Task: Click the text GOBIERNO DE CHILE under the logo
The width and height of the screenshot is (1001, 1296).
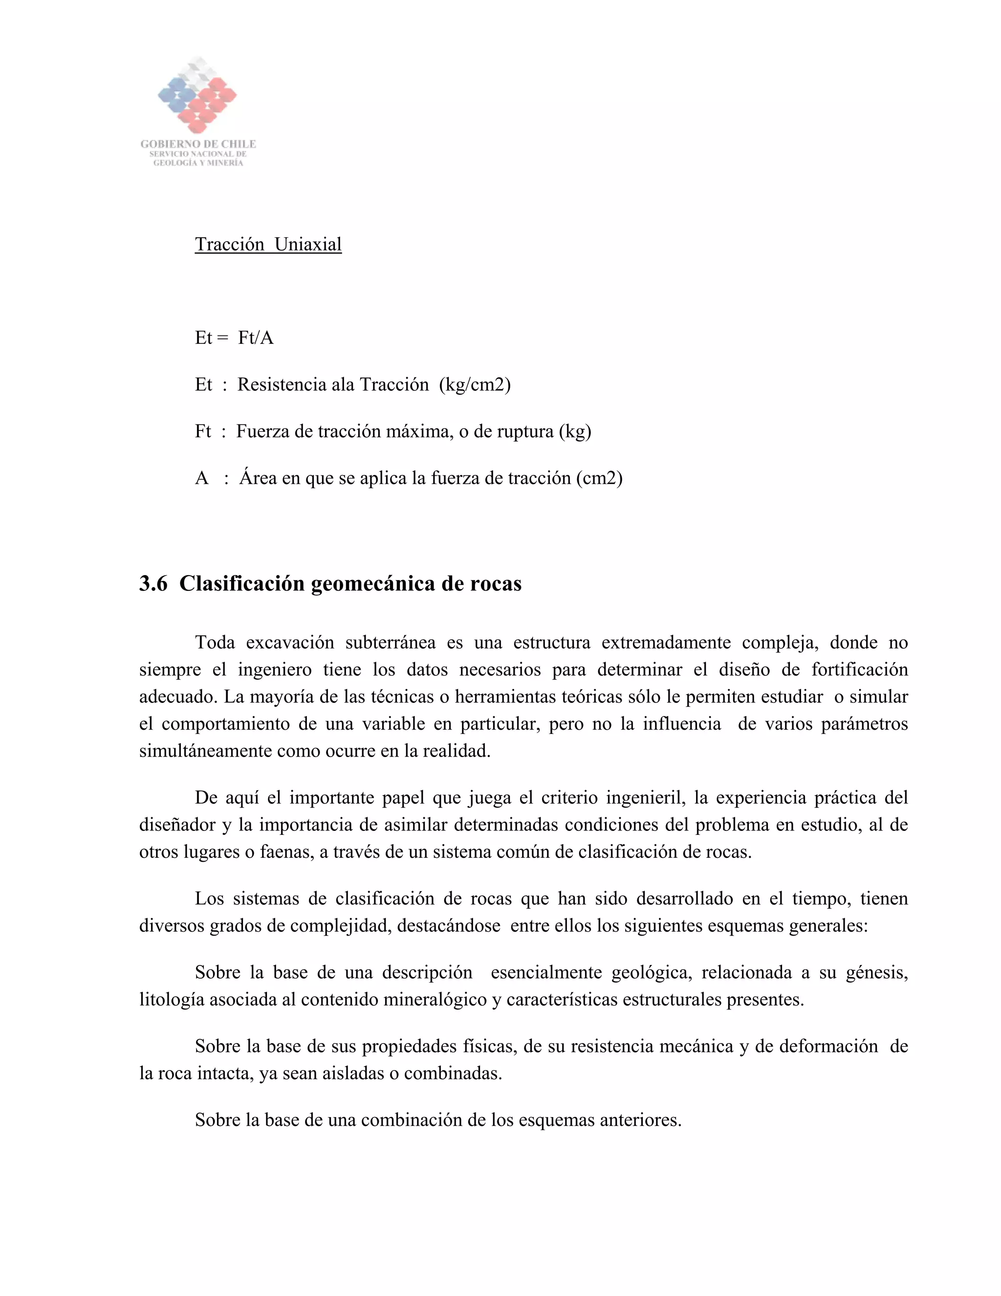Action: (198, 144)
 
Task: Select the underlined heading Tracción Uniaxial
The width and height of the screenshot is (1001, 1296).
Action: (268, 245)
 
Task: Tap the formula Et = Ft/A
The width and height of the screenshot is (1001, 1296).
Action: (234, 337)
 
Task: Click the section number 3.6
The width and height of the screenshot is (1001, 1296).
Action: (153, 584)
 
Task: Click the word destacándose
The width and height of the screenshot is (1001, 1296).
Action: (449, 926)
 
